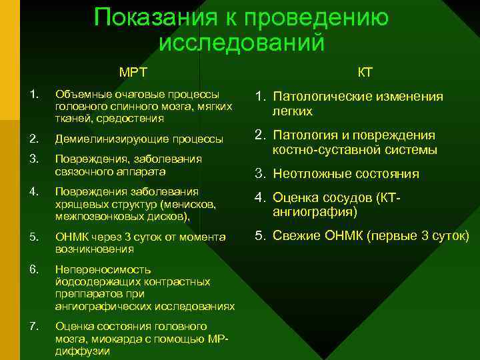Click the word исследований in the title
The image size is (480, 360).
242,43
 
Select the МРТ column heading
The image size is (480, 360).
133,72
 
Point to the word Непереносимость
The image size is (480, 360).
103,269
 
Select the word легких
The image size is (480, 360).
293,112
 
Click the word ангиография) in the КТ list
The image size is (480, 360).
315,212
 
